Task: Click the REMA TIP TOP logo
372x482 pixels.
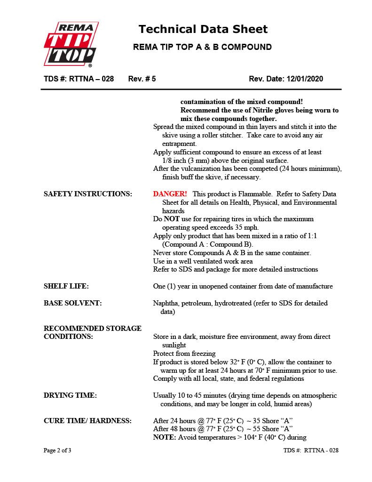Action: [71, 44]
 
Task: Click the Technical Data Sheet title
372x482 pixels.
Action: [203, 29]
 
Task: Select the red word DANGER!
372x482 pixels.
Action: [170, 194]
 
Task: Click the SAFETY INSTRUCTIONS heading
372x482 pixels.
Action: [88, 194]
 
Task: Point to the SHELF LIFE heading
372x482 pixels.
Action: [66, 286]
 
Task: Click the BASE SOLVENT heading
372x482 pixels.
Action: [72, 303]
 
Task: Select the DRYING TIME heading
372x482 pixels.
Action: [70, 395]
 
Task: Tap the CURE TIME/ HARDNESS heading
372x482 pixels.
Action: [87, 420]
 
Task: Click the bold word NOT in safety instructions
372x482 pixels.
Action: [172, 219]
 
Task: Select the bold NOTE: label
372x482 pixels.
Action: [165, 437]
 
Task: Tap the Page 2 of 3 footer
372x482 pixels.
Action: [57, 450]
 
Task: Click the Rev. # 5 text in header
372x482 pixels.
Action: [142, 79]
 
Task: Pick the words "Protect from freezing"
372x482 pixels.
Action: [184, 353]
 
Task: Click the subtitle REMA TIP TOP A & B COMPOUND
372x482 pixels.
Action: [202, 47]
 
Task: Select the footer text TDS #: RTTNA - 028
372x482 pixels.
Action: [311, 450]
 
